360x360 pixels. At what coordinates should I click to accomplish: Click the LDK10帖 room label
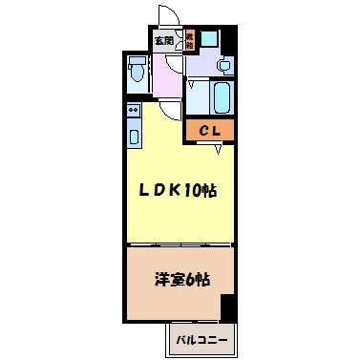click(180, 190)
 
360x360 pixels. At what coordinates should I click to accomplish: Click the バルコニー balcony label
click(200, 339)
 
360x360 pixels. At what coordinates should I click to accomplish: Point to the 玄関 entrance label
click(163, 41)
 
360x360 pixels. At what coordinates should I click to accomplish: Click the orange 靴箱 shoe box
click(190, 40)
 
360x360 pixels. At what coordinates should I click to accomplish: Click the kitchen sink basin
click(133, 133)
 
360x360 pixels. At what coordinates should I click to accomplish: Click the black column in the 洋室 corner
click(227, 307)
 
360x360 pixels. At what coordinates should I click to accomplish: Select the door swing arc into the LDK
click(170, 108)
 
